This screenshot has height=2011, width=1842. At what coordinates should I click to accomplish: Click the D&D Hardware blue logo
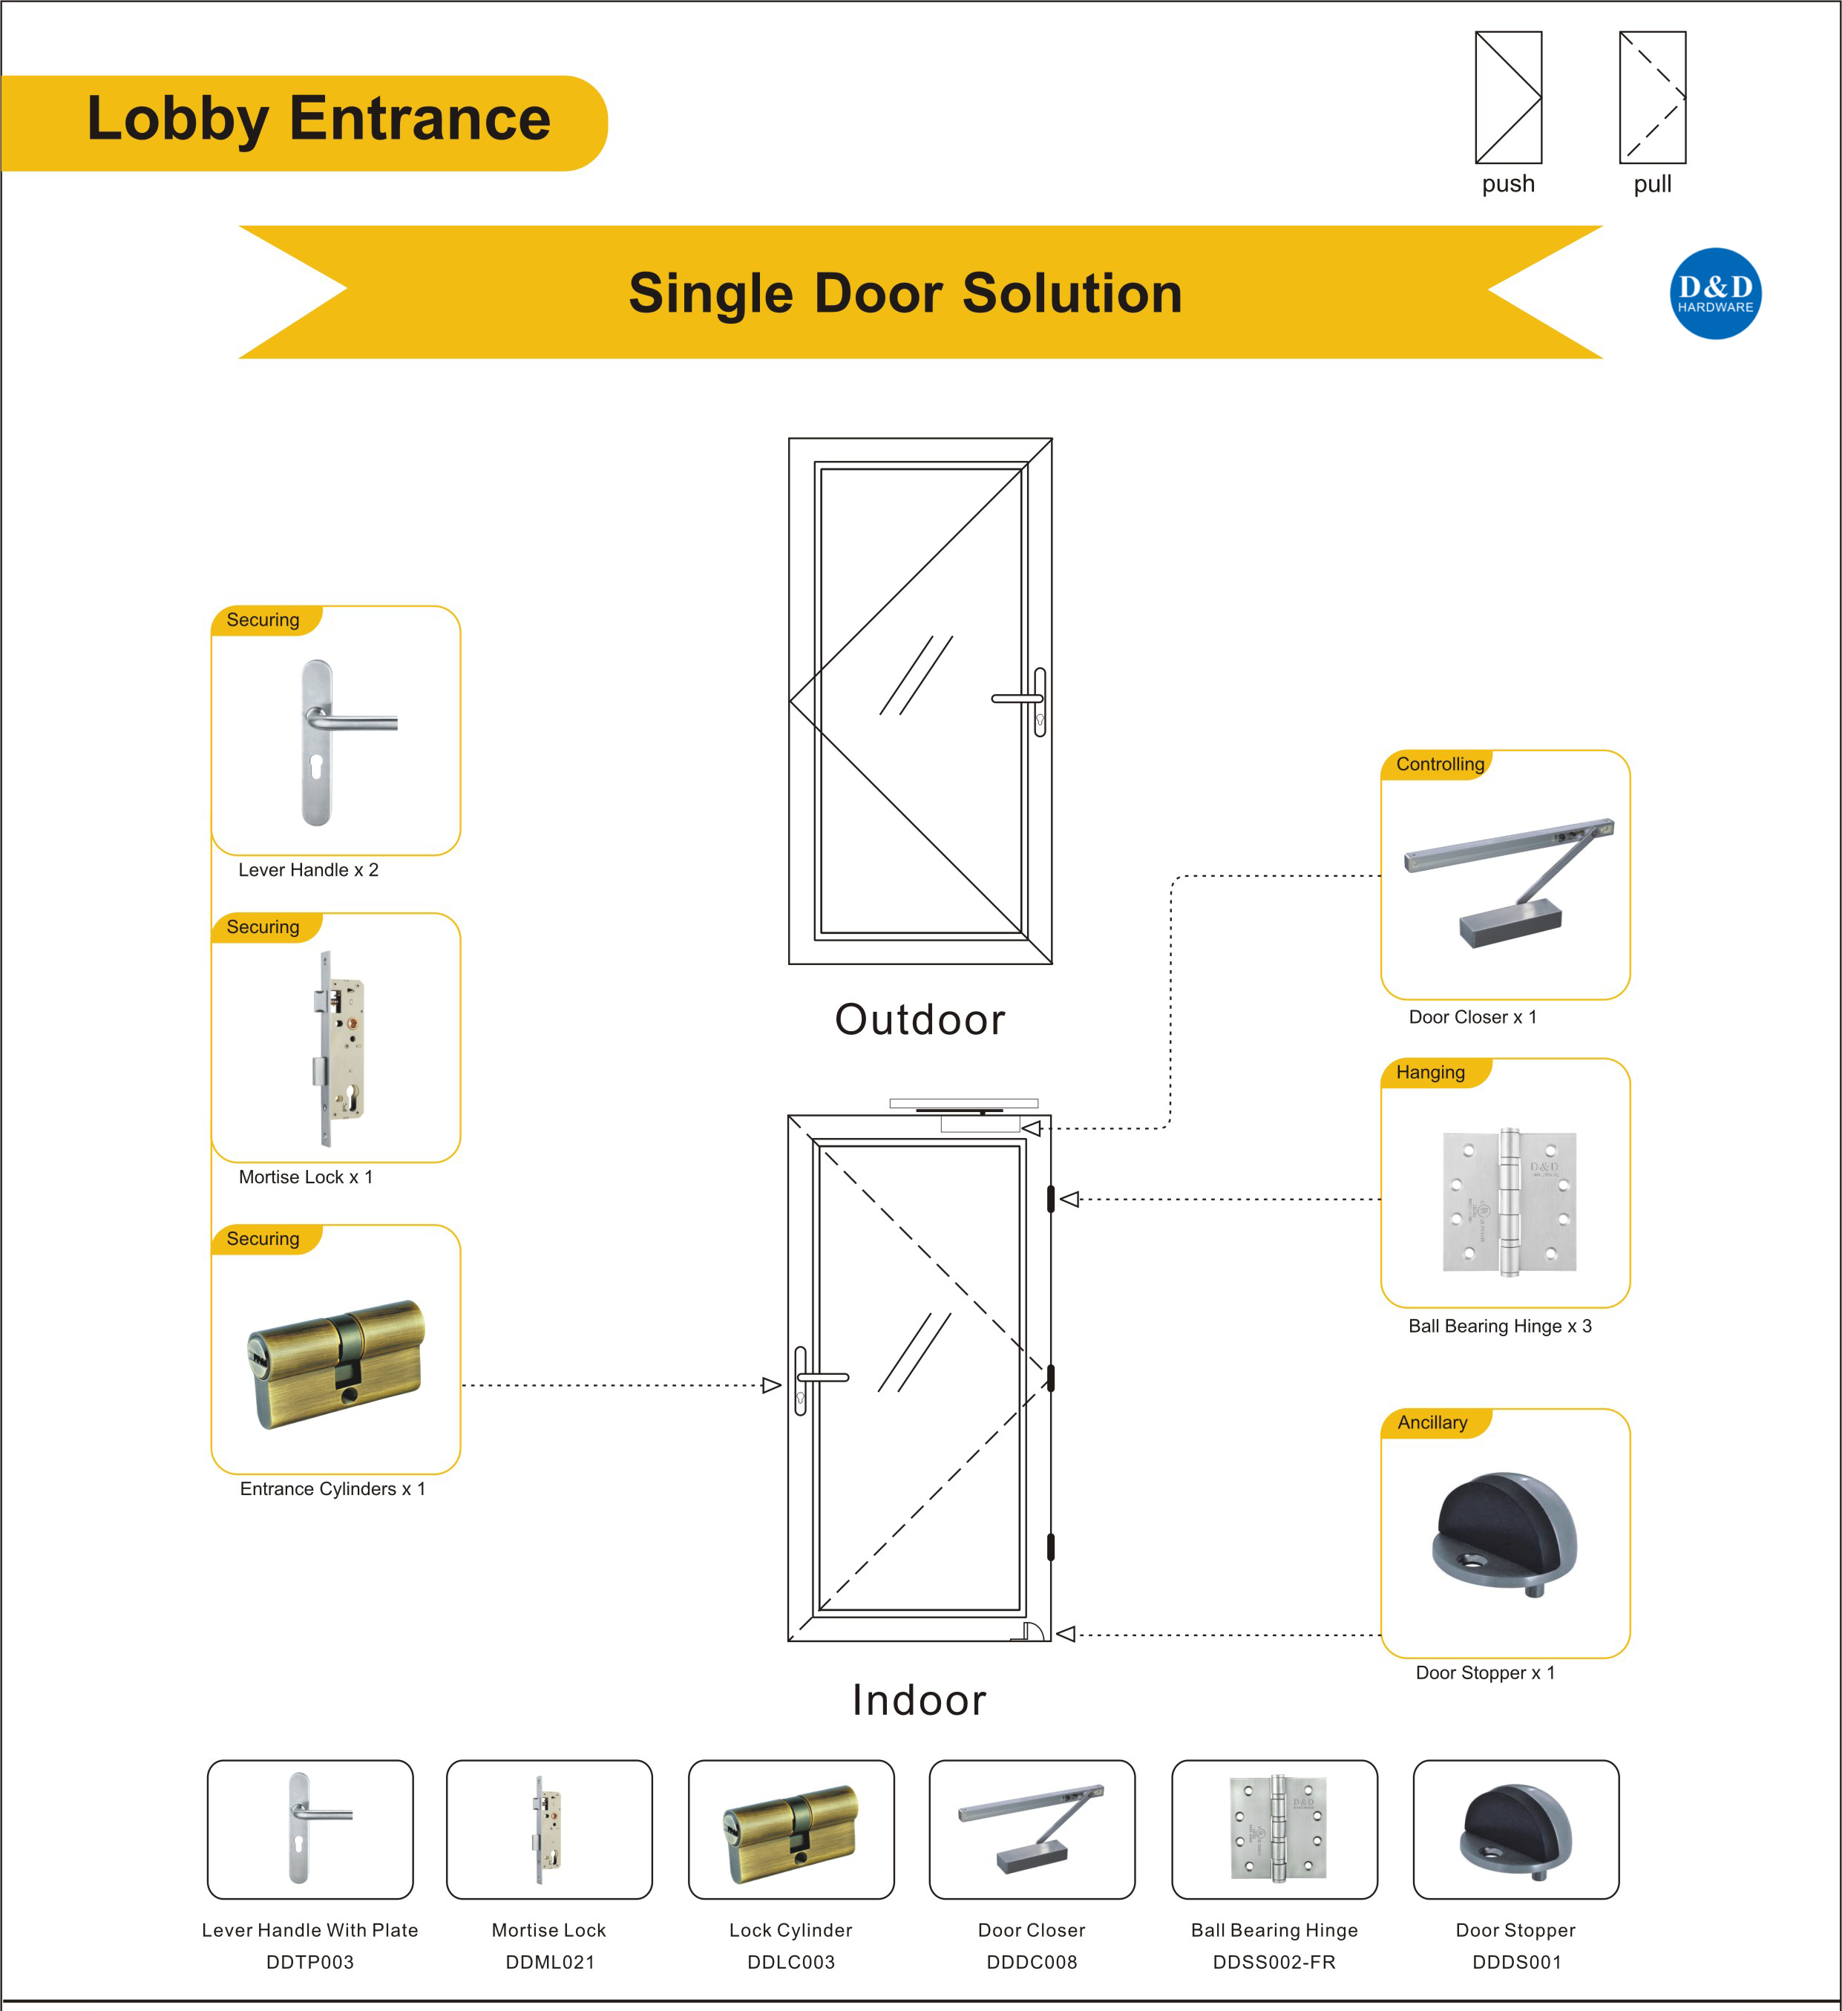1714,293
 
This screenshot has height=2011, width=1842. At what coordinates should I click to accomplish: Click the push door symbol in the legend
1508,98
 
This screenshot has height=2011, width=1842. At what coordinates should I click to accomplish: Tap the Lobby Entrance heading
318,120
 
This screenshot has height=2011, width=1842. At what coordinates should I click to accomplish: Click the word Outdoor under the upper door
920,1019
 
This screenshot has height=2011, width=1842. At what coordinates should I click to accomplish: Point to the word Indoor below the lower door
919,1700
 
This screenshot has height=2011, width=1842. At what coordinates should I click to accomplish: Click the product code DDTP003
310,1961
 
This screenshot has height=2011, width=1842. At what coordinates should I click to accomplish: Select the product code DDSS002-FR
1274,1961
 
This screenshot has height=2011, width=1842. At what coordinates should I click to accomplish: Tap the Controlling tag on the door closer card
1439,764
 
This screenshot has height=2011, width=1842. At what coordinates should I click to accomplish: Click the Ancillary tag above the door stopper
1432,1422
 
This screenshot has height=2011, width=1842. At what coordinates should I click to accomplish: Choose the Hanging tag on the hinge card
1430,1073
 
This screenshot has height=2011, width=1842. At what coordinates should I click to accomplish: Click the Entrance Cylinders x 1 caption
332,1488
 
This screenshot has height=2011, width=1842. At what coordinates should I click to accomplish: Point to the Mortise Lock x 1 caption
305,1177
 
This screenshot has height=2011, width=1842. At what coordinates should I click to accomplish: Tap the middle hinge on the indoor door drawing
1050,1379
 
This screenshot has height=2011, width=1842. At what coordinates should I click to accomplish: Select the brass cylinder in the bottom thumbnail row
791,1834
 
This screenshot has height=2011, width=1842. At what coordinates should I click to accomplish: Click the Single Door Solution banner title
905,293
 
